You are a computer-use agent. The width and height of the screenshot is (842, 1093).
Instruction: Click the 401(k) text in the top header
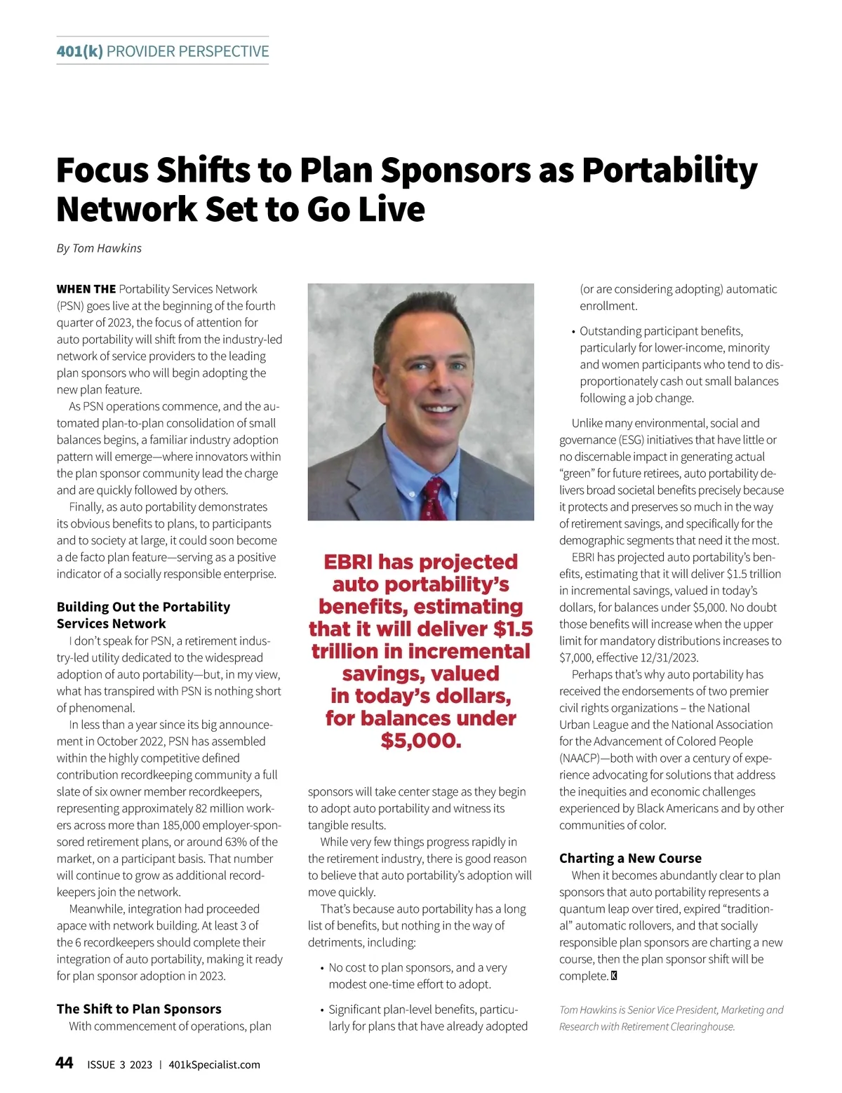tap(79, 51)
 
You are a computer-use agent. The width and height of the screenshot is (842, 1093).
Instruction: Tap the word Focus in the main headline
tap(102, 170)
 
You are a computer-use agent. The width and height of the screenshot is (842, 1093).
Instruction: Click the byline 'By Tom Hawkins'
tap(99, 248)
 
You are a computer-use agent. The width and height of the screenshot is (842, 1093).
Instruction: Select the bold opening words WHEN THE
tap(86, 289)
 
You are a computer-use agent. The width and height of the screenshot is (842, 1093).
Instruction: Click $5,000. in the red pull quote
tap(421, 741)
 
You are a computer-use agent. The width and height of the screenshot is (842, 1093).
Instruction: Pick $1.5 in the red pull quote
tap(513, 629)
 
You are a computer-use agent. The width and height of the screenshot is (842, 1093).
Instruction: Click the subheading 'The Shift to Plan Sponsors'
tap(139, 1009)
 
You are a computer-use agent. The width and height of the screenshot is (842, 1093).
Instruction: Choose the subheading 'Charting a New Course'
tap(630, 858)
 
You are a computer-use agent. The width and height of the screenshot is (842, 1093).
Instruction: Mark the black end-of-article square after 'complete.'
tap(614, 976)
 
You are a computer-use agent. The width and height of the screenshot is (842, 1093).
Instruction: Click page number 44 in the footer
tap(64, 1064)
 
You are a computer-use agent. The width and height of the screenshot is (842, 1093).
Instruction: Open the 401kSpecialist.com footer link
tap(214, 1065)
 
